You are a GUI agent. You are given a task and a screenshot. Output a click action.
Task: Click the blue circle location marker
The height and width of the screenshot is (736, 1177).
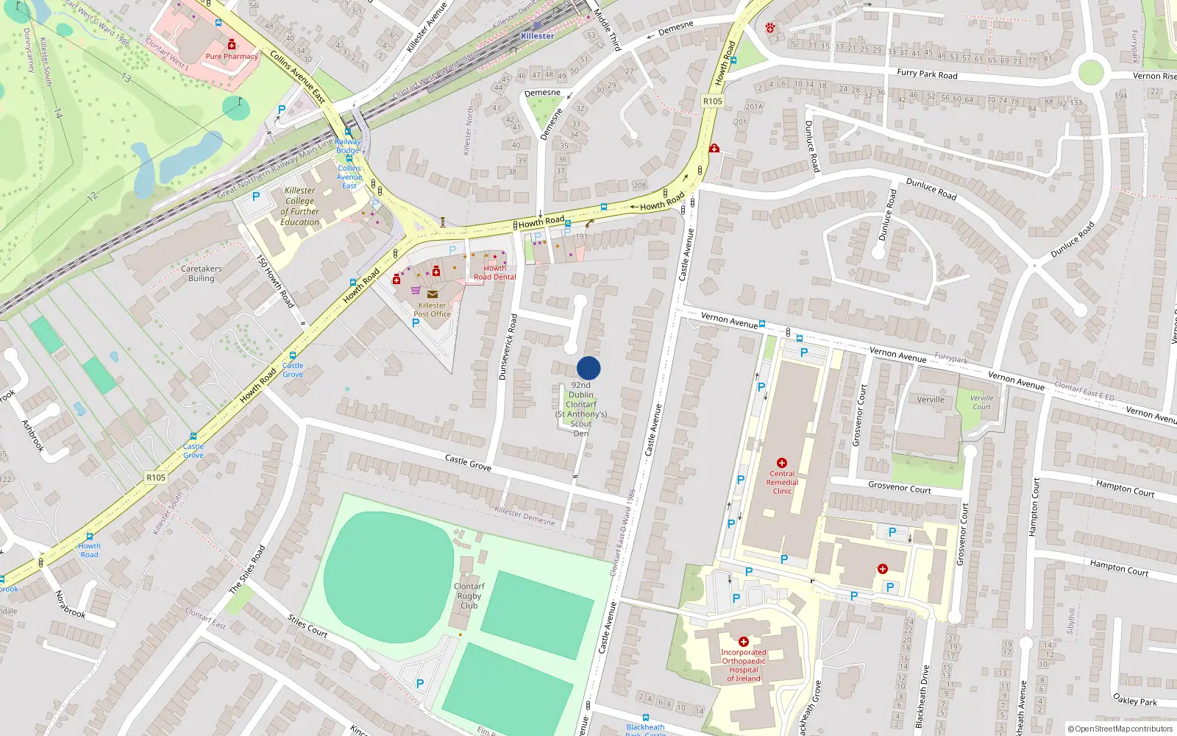588,368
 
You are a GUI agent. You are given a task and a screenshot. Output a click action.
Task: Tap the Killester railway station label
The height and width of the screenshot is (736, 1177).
537,35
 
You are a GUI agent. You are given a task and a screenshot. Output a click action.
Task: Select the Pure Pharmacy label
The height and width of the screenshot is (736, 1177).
232,56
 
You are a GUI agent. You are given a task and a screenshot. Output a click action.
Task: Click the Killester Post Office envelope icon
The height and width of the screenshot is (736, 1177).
433,294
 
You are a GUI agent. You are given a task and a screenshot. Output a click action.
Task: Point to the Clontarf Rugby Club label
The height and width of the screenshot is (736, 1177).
469,596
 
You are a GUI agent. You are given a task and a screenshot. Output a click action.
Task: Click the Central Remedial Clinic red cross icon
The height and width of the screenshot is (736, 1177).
782,463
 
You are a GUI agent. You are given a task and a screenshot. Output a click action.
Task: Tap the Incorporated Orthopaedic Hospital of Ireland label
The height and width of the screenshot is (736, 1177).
744,665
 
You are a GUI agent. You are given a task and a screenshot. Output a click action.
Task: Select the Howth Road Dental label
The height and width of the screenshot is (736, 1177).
494,272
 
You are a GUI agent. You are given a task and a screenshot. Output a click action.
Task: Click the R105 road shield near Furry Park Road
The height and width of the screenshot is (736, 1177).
712,101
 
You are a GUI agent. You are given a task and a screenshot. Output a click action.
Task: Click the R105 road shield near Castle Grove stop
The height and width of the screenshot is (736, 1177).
156,477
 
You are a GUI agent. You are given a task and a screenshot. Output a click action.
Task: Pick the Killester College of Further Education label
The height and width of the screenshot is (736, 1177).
299,206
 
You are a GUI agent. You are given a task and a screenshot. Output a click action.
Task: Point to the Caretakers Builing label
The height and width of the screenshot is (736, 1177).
201,273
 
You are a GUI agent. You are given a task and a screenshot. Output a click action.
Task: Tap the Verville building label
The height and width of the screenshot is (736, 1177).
931,400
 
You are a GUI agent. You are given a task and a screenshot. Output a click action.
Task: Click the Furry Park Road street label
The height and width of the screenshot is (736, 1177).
927,74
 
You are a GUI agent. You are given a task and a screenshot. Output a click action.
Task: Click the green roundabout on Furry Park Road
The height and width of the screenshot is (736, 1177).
1091,73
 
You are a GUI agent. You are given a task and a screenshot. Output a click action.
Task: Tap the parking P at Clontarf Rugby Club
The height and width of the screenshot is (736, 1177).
419,683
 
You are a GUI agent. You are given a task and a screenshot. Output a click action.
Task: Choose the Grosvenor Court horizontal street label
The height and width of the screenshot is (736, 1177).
899,488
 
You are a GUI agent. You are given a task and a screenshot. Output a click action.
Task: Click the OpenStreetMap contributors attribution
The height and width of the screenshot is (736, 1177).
1120,729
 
